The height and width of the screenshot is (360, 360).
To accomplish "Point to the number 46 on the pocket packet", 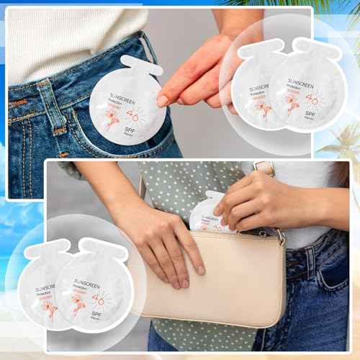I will (x=132, y=115).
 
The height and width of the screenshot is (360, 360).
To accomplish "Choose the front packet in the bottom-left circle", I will (x=90, y=292).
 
